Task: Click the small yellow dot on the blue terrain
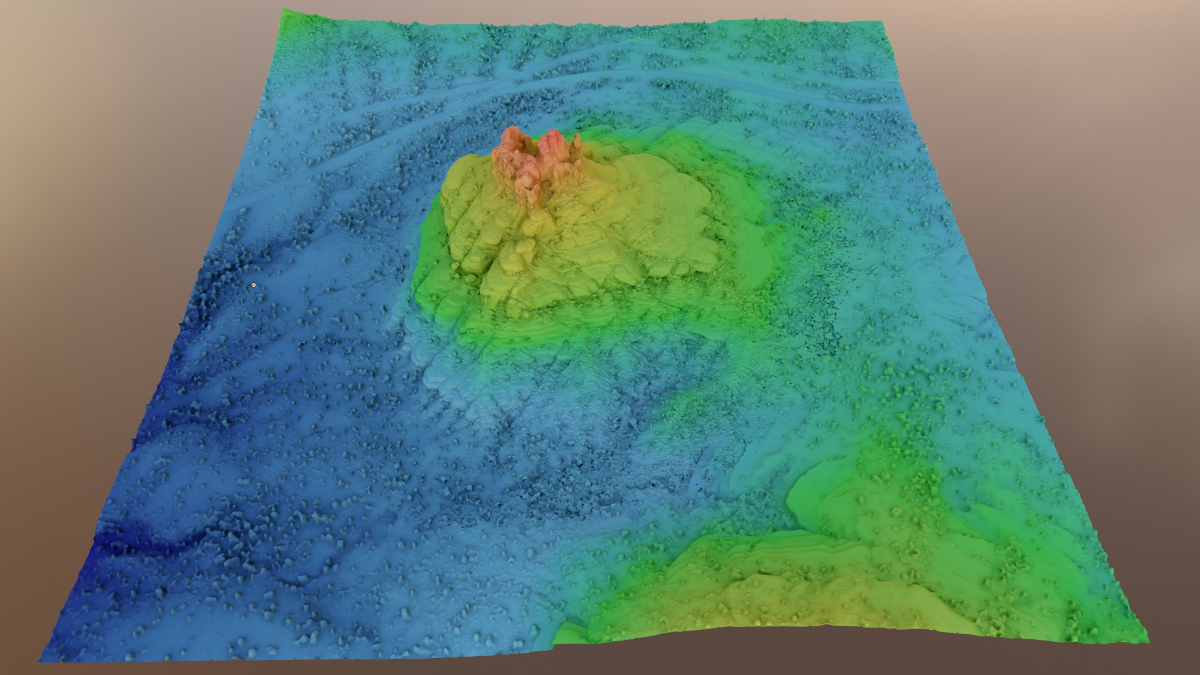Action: (x=254, y=285)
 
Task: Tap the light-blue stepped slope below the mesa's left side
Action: (x=437, y=369)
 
